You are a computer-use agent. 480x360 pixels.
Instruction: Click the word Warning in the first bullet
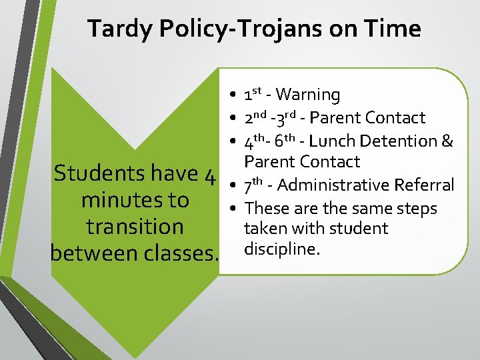point(307,95)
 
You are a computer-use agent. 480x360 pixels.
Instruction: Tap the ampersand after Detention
point(447,141)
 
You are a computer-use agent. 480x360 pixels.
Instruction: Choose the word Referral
point(424,185)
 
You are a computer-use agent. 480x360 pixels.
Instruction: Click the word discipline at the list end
point(282,249)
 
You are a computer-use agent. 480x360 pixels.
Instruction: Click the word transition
point(135,227)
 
